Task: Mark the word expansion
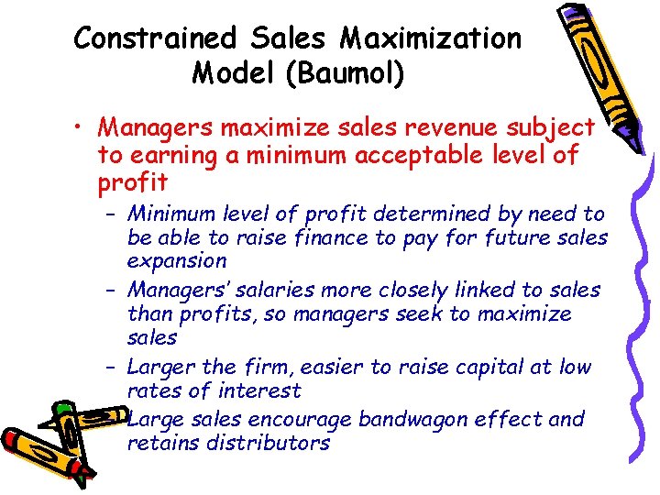coord(176,260)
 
